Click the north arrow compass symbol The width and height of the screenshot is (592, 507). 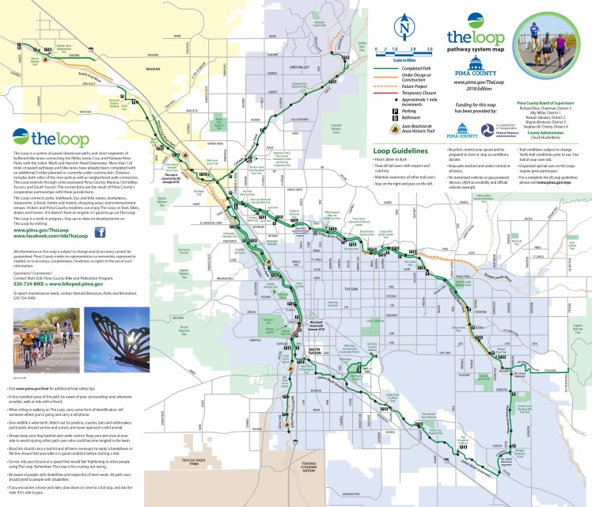coord(406,30)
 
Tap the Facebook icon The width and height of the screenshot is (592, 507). coord(101,232)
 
